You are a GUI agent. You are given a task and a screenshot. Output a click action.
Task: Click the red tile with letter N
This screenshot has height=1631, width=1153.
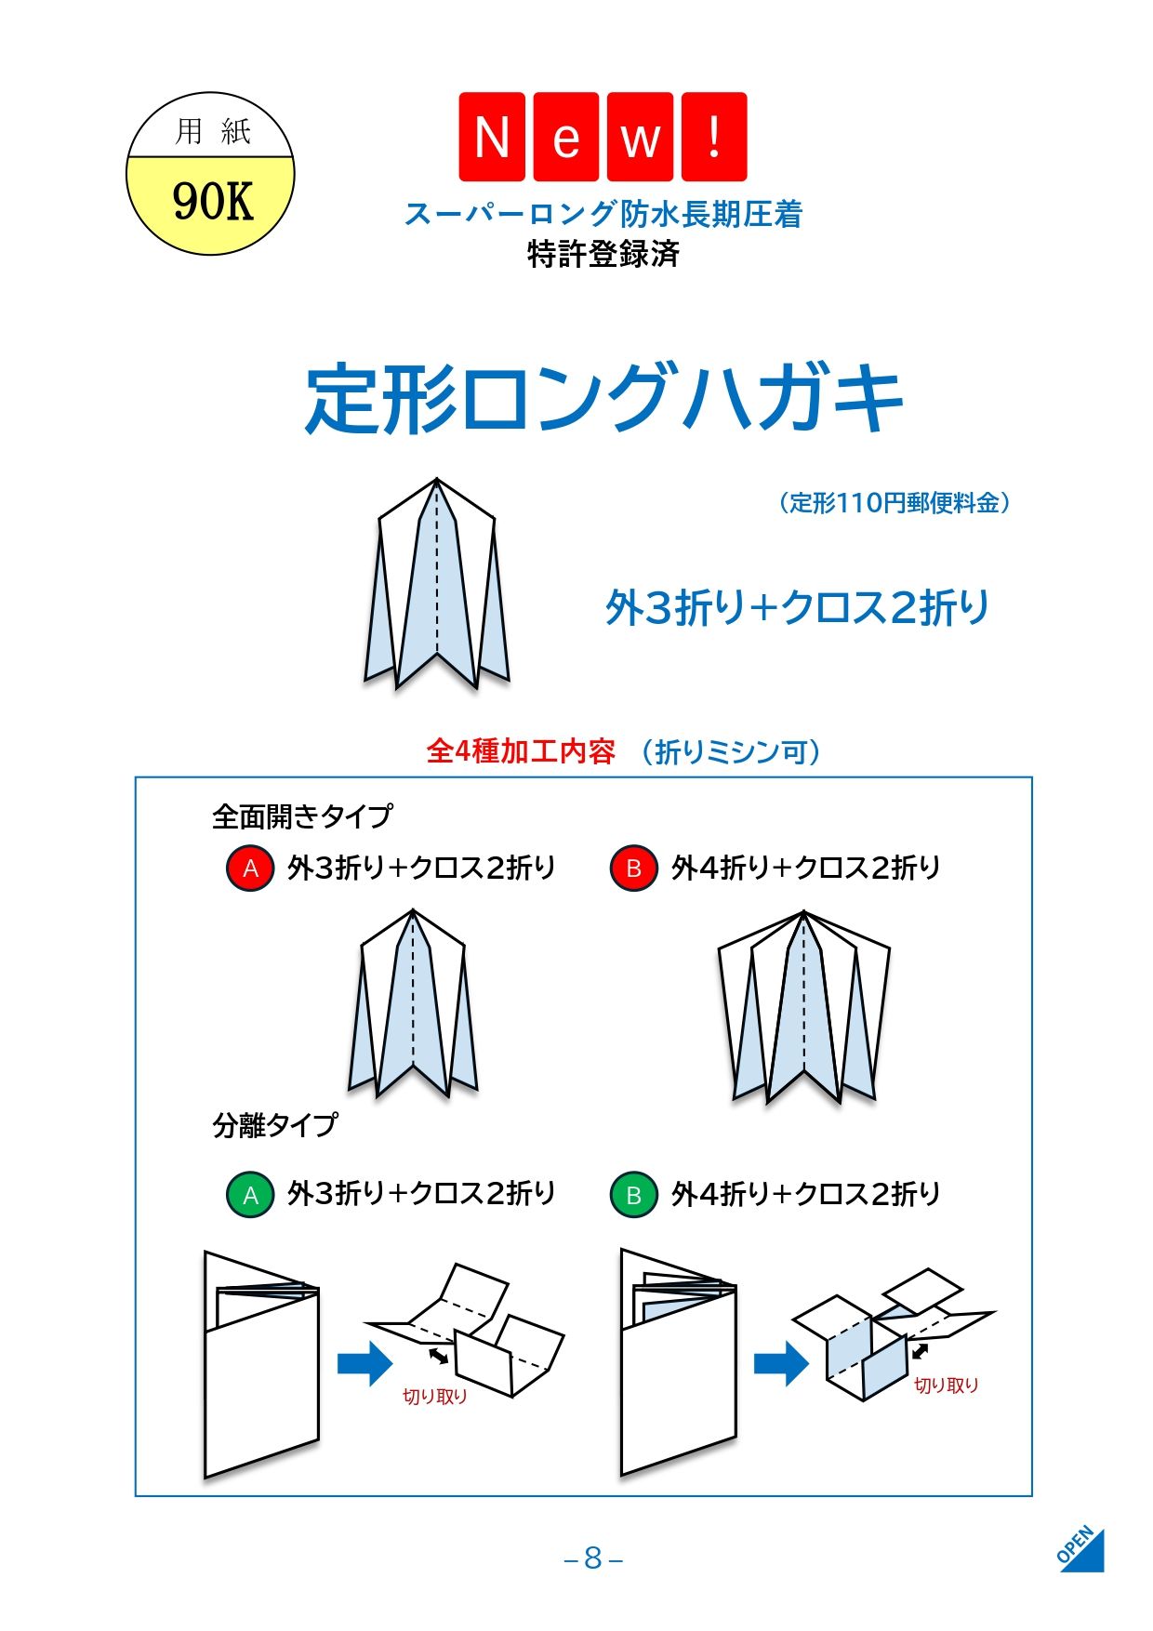click(492, 137)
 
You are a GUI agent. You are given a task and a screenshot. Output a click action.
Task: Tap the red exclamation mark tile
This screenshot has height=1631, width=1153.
click(714, 137)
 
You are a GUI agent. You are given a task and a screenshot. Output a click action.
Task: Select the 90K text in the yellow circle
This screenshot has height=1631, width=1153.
click(212, 201)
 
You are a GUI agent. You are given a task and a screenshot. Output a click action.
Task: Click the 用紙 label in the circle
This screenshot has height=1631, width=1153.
click(213, 131)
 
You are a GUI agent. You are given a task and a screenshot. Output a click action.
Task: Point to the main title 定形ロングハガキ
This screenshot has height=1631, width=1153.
click(604, 400)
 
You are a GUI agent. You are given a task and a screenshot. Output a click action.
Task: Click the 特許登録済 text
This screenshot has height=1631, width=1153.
click(603, 254)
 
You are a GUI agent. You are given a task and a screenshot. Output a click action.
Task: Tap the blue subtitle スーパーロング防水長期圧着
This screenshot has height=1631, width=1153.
click(603, 214)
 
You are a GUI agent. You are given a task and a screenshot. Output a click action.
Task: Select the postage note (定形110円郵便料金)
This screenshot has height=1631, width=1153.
click(894, 503)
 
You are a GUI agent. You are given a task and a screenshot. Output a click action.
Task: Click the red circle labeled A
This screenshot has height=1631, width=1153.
click(250, 869)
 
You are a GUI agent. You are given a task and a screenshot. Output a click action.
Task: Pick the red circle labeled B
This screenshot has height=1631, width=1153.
click(634, 869)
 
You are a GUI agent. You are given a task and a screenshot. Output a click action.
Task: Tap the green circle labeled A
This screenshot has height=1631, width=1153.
click(250, 1195)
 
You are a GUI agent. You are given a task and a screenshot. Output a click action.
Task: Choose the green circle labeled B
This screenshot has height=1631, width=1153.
click(634, 1195)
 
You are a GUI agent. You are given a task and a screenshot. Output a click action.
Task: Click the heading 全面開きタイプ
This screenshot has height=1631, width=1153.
click(302, 816)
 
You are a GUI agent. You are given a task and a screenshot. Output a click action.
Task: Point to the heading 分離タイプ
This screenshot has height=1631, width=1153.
click(275, 1125)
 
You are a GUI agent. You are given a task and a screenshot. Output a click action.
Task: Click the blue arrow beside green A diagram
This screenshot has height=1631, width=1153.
click(365, 1363)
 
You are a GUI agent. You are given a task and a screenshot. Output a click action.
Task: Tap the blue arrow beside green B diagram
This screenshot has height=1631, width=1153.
click(781, 1363)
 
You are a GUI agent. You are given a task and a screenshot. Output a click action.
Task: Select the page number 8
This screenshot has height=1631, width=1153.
click(593, 1558)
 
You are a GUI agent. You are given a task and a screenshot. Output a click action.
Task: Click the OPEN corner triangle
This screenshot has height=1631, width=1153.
click(1081, 1548)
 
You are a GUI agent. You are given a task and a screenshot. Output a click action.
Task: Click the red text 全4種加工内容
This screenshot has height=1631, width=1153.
click(521, 751)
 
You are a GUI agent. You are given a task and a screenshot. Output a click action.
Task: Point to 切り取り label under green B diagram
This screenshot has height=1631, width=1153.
click(947, 1386)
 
